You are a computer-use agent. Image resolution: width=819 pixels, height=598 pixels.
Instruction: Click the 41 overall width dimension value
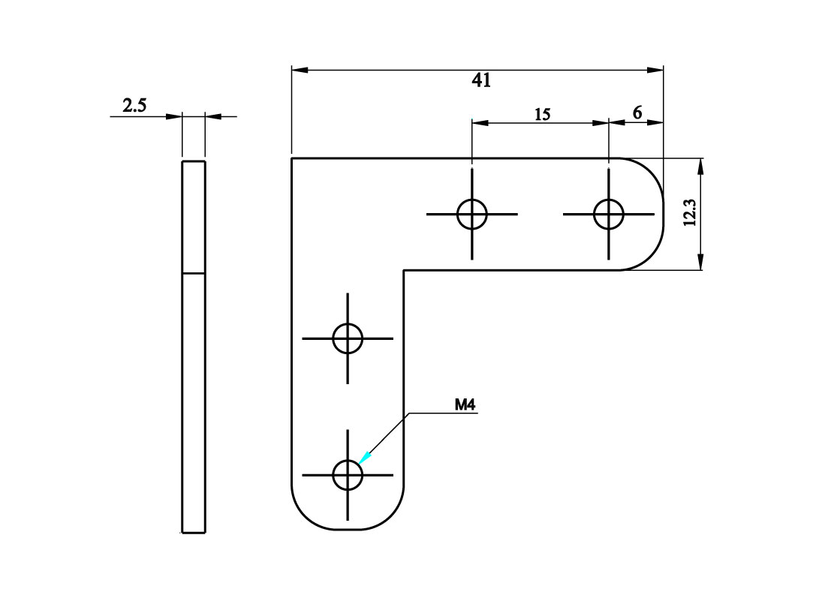pyautogui.click(x=481, y=80)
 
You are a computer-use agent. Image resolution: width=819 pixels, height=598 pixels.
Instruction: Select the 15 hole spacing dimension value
pyautogui.click(x=542, y=114)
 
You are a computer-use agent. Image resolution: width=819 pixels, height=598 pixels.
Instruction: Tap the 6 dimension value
pyautogui.click(x=637, y=113)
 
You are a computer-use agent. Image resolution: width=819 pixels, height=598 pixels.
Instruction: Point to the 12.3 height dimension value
pyautogui.click(x=691, y=213)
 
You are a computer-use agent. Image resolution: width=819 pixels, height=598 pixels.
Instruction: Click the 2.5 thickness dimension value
pyautogui.click(x=134, y=106)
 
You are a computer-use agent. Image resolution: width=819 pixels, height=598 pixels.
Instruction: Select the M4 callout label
pyautogui.click(x=465, y=405)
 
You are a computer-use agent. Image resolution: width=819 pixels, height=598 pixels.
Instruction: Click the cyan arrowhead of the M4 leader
pyautogui.click(x=365, y=457)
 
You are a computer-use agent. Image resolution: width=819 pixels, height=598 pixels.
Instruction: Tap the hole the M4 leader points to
pyautogui.click(x=348, y=474)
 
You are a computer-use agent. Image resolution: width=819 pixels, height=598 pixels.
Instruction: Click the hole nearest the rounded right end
pyautogui.click(x=608, y=214)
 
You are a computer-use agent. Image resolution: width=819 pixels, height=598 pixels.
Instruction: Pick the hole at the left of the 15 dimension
pyautogui.click(x=471, y=214)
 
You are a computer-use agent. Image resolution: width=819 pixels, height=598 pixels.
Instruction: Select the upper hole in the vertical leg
pyautogui.click(x=348, y=338)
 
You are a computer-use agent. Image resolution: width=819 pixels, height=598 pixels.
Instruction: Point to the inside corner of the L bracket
pyautogui.click(x=404, y=270)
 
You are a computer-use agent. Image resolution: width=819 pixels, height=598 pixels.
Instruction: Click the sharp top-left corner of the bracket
pyautogui.click(x=291, y=158)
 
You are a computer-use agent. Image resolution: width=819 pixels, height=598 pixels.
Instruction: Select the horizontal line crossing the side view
pyautogui.click(x=194, y=272)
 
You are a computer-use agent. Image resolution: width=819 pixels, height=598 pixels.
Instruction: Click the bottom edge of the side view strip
pyautogui.click(x=194, y=533)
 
